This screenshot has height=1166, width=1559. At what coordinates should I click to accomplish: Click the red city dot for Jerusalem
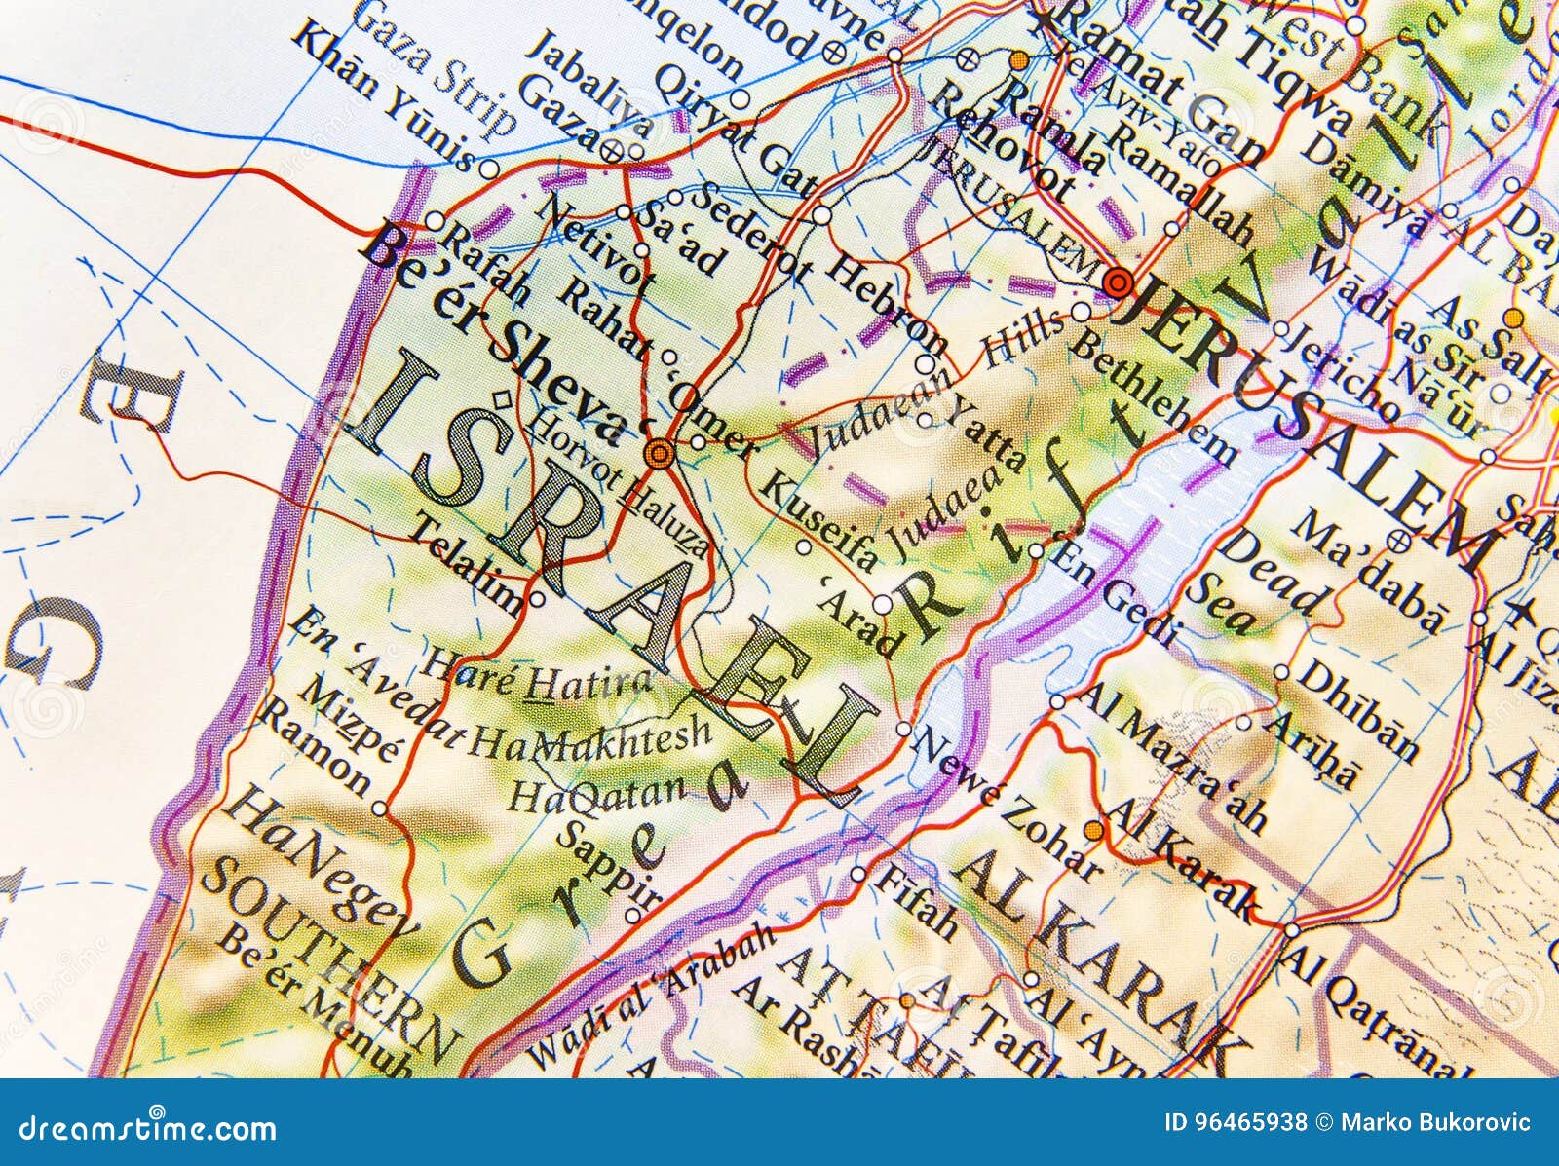1118,283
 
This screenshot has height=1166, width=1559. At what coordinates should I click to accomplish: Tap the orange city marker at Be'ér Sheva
660,452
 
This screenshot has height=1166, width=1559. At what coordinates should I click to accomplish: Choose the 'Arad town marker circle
881,605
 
